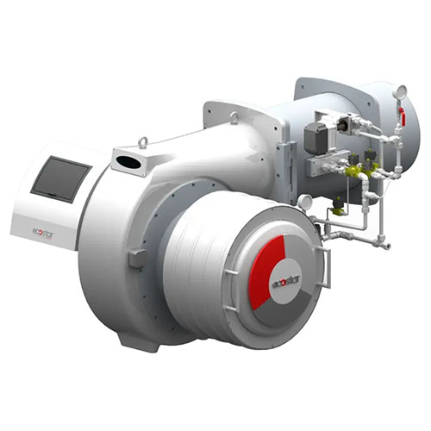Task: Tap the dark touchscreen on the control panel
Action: pos(60,178)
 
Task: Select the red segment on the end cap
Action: pos(266,269)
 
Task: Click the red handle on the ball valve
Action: pos(401,115)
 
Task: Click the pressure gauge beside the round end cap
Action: pos(304,202)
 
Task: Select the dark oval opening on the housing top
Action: pos(128,161)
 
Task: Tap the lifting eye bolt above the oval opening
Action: pos(144,141)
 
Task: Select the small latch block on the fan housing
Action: pos(135,258)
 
